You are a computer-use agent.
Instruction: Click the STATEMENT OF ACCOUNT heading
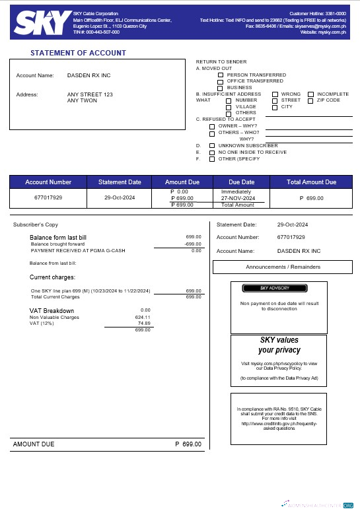78,53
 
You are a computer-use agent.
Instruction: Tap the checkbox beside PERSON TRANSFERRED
221,75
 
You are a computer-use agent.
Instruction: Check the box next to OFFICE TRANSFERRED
221,81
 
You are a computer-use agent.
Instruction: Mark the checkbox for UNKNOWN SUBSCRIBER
212,145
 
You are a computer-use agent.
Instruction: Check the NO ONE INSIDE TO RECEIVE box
212,152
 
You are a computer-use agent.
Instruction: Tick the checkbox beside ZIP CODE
311,100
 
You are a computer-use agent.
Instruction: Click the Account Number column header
48,182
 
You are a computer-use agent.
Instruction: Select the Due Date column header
242,182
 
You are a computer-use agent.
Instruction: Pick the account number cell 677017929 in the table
48,197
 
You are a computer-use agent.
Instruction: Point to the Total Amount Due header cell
312,182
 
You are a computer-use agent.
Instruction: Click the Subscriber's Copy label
32,224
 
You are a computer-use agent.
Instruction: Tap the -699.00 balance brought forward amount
193,244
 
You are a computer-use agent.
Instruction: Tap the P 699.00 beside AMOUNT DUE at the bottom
188,444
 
